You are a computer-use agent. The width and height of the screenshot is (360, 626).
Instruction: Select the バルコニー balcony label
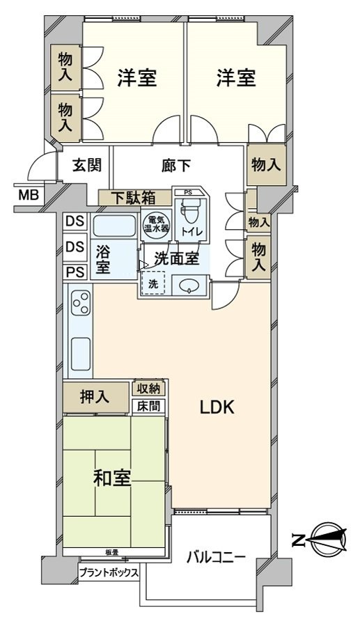pyautogui.click(x=216, y=557)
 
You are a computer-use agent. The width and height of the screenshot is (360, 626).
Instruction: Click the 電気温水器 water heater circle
pyautogui.click(x=155, y=224)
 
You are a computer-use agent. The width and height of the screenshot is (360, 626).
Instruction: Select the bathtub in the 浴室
pyautogui.click(x=115, y=226)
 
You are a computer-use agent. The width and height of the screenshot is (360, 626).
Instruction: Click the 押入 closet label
pyautogui.click(x=95, y=398)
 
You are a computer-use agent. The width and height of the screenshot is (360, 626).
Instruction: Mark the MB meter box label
pyautogui.click(x=28, y=194)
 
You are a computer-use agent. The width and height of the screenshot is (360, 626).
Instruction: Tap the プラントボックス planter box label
pyautogui.click(x=109, y=573)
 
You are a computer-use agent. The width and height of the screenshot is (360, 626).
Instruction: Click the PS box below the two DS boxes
pyautogui.click(x=75, y=272)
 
